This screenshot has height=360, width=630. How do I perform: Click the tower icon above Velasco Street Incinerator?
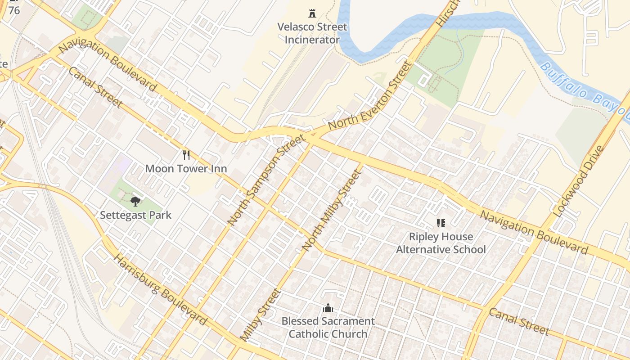click(x=312, y=13)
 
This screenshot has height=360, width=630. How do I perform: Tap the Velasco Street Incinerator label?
click(x=312, y=33)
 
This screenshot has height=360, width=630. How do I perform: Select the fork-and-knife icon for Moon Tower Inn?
click(x=186, y=155)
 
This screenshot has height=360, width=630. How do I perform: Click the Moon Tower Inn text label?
click(x=186, y=169)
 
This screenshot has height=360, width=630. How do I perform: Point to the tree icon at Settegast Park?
click(x=135, y=201)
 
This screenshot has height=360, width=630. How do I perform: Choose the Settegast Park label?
click(x=135, y=215)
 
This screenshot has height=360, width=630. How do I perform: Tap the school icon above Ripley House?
click(x=441, y=223)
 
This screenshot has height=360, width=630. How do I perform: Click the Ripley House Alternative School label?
click(x=441, y=243)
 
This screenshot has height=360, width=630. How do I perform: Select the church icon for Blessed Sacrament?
click(x=328, y=308)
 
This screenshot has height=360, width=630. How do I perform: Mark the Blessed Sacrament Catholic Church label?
click(x=328, y=328)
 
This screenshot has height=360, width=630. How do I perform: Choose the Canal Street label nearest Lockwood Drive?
click(x=519, y=322)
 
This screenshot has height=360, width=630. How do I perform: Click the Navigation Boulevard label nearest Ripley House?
click(x=534, y=232)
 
